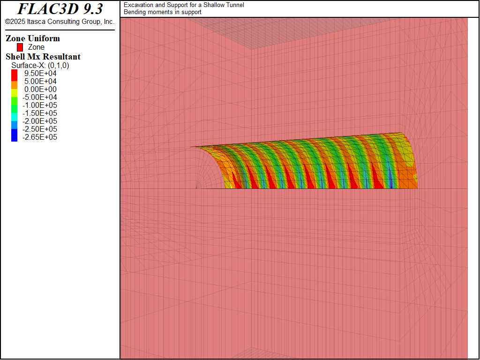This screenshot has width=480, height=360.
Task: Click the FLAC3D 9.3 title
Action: coord(60,9)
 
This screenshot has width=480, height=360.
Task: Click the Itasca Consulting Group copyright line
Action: coord(60,22)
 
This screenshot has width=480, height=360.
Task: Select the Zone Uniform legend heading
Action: coord(33,38)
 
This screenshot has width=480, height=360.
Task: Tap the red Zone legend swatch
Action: coord(20,47)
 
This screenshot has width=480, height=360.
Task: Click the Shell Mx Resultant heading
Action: coord(43,57)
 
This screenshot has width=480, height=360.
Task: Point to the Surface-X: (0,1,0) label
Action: coord(40,66)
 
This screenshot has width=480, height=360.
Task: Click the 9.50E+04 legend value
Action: coord(40,74)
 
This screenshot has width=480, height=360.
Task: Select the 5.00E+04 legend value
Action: coord(40,82)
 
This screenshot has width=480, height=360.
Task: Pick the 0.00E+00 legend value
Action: coord(40,90)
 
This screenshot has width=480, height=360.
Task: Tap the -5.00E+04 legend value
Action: coord(39,97)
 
